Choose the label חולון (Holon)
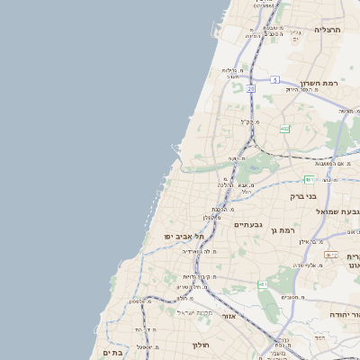[199, 344]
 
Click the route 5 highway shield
[274, 79]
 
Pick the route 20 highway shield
[251, 90]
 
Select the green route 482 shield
[284, 129]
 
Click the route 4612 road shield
[331, 255]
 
